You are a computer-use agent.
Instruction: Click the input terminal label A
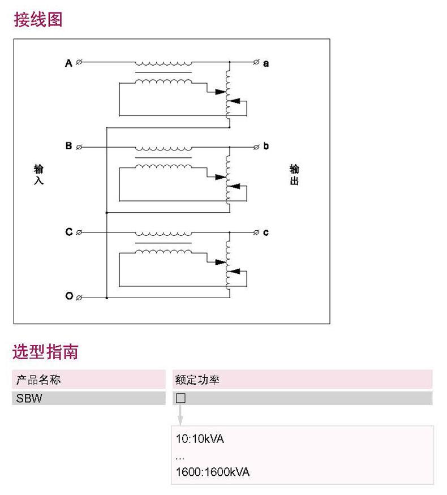click(68, 63)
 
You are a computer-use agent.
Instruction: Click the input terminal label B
click(69, 146)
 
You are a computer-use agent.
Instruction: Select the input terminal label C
click(69, 232)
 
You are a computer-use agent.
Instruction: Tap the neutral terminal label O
click(69, 296)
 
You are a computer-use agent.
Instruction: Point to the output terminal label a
click(266, 64)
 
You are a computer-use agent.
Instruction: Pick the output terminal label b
click(266, 146)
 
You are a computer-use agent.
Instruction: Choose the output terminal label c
click(266, 233)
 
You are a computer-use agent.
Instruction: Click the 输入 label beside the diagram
click(38, 174)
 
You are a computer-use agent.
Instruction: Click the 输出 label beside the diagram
click(294, 174)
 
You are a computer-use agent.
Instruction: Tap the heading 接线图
click(38, 20)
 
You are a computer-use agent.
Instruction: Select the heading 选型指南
click(45, 352)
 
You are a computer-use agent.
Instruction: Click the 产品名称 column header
click(38, 380)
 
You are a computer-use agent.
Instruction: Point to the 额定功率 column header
click(197, 380)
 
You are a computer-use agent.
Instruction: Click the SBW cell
click(29, 398)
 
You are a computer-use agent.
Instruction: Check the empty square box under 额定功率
click(180, 398)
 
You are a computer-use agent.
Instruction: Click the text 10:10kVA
click(200, 439)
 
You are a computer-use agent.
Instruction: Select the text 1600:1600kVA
click(213, 472)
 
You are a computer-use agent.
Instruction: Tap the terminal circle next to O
click(79, 298)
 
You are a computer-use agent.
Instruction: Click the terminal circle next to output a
click(256, 62)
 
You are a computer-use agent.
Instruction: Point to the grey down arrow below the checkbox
click(180, 415)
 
